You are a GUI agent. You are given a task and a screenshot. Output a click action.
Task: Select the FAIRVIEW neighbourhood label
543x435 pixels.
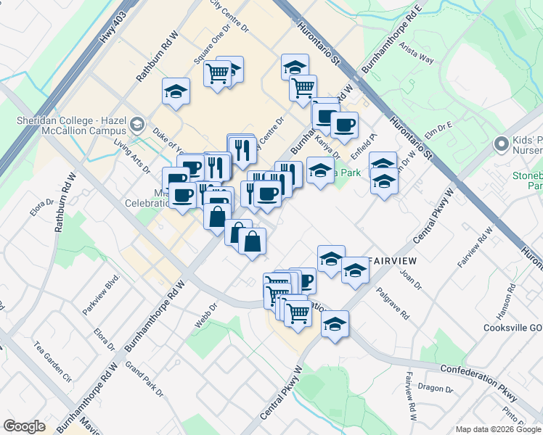(396, 260)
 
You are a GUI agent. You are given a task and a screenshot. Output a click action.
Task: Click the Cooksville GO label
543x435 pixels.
(513, 327)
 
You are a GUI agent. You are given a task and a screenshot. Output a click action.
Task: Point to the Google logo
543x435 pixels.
(24, 426)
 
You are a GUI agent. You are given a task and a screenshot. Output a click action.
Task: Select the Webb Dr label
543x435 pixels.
(206, 315)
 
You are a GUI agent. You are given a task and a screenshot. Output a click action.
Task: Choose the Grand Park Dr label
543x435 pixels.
(144, 379)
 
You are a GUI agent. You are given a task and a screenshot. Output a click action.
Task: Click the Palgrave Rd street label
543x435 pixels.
(393, 304)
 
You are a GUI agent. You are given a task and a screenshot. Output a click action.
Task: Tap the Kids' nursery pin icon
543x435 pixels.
(501, 144)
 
